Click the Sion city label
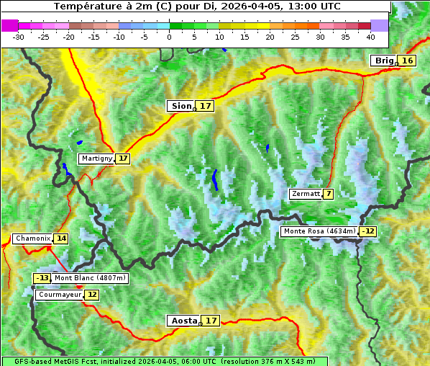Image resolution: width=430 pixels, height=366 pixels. [x=180, y=106]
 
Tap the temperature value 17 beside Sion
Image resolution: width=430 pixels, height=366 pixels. [x=206, y=106]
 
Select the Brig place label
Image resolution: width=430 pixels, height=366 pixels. [x=383, y=61]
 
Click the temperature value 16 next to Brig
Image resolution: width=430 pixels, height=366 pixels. [x=407, y=61]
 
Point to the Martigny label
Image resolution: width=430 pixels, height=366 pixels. [x=96, y=159]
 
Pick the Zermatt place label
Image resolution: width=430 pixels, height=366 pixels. [x=306, y=194]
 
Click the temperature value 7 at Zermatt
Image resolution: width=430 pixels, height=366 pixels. [x=329, y=194]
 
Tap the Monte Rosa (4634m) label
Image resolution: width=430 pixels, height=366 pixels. [x=319, y=231]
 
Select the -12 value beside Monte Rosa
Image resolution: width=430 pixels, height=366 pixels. [x=368, y=231]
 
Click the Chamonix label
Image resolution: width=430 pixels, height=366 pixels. [x=32, y=238]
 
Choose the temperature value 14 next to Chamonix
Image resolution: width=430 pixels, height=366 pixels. [x=61, y=238]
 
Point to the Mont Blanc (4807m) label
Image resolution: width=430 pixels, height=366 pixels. [x=90, y=278]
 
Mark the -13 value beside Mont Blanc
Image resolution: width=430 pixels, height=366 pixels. [x=42, y=278]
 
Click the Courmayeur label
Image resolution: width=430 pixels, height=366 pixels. [x=59, y=295]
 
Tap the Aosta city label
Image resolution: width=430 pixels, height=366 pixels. [x=182, y=321]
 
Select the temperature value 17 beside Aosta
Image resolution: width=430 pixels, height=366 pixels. [x=211, y=321]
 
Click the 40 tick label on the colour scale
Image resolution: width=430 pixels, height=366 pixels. [x=370, y=36]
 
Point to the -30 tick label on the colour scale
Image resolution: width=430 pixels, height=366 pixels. [x=19, y=36]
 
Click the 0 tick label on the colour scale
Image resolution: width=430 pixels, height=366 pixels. [x=169, y=36]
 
